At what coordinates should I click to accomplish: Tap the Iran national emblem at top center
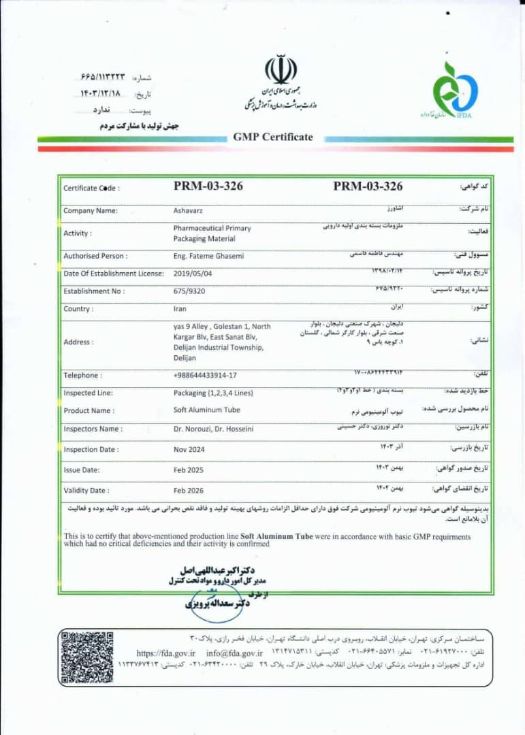281,70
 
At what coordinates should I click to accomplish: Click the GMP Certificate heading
273,137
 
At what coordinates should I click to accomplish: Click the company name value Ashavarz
184,210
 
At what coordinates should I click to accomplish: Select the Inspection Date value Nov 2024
189,449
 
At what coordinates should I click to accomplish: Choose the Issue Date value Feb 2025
189,470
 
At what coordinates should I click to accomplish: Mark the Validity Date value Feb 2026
189,490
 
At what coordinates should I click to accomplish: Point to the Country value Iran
180,308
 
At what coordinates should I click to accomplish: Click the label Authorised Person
95,256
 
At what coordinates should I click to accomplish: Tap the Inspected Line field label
89,393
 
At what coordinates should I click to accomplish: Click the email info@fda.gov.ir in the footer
232,653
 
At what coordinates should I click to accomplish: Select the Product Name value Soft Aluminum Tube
206,410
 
